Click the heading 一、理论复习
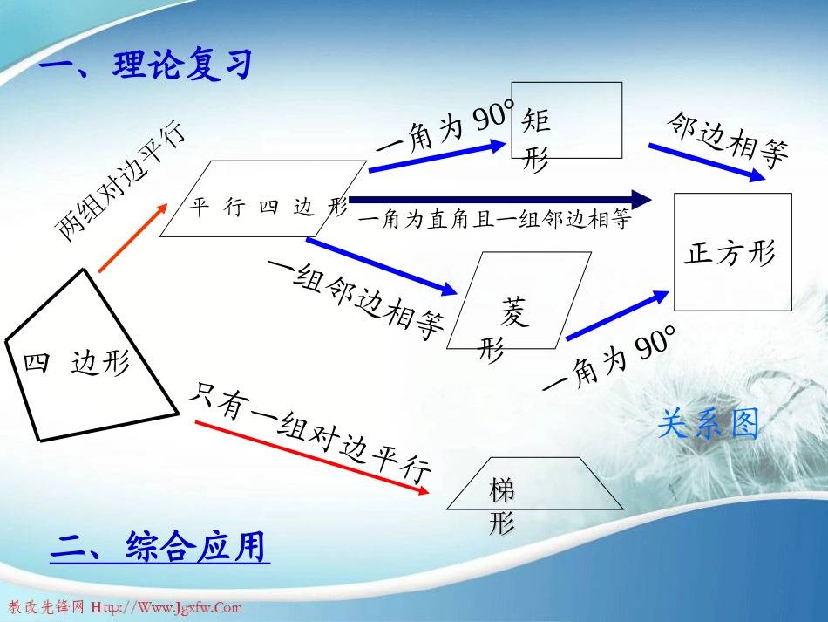(x=146, y=65)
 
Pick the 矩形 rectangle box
(x=567, y=120)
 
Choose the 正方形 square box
(x=732, y=252)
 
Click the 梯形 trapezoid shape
(x=533, y=484)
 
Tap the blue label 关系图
(x=708, y=424)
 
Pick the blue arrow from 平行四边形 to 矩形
(x=440, y=158)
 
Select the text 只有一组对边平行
(x=310, y=431)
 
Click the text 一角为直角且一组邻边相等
(x=493, y=220)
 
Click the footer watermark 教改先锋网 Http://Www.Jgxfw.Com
(x=126, y=607)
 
